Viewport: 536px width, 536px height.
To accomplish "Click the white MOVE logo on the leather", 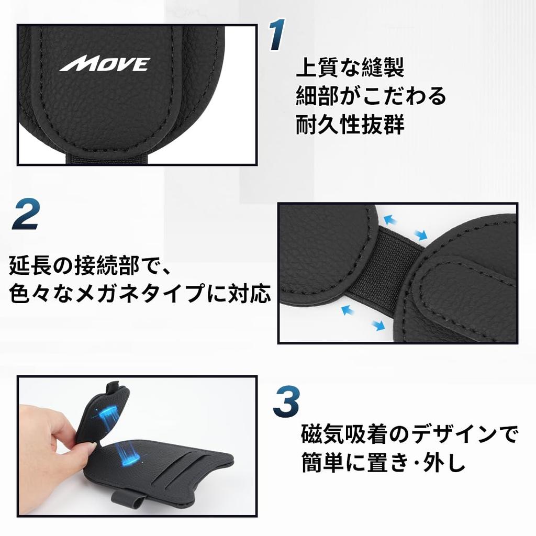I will [105, 64].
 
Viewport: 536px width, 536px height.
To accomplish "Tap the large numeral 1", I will [277, 36].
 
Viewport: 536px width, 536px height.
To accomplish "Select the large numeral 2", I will [27, 214].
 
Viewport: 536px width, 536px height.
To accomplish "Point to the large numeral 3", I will [286, 401].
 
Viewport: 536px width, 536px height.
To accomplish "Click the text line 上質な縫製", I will [350, 68].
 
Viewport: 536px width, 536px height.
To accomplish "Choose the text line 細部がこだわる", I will [371, 96].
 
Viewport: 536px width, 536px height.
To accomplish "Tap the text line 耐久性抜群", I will [350, 125].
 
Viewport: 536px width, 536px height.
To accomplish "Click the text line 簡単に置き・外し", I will [384, 463].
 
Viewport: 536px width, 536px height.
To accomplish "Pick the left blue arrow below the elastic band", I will [347, 310].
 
